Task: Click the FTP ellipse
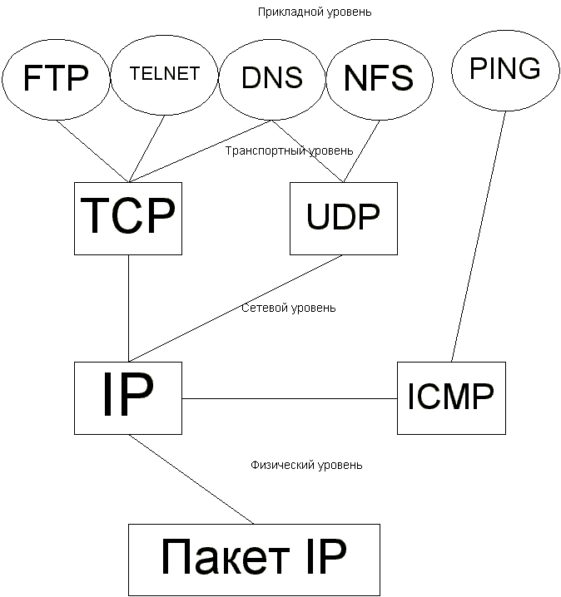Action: point(57,78)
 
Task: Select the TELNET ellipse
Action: point(165,75)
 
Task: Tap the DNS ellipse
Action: point(271,77)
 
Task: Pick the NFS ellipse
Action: point(378,78)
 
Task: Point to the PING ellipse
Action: point(504,70)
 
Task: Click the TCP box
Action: point(128,218)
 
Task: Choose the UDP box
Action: point(342,218)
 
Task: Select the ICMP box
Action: point(450,397)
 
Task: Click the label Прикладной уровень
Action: point(303,12)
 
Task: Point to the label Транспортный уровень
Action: point(289,150)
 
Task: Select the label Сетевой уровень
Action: point(289,308)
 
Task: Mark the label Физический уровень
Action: point(306,465)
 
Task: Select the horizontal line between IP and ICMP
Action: point(289,398)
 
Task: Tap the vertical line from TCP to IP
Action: point(128,308)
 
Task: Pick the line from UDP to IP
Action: point(236,308)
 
